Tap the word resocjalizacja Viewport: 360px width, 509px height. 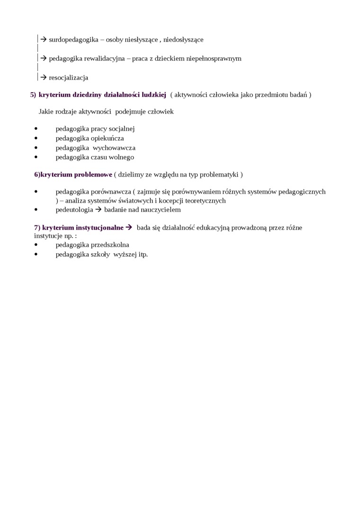tap(68, 78)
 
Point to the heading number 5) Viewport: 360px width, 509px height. tap(33, 95)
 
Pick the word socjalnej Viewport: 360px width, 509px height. tap(119, 129)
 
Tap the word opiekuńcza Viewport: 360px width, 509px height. tap(107, 138)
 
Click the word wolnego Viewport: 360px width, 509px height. tap(122, 157)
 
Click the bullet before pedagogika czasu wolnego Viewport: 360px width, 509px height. tap(36, 157)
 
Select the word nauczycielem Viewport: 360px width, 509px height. tap(161, 210)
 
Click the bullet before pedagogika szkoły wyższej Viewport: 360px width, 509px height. tap(36, 254)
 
